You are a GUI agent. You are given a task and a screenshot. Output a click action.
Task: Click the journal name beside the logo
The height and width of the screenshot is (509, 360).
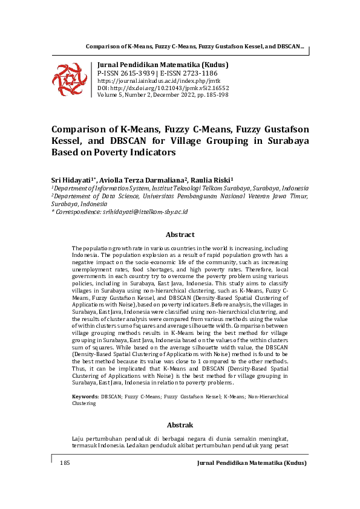pyautogui.click(x=163, y=65)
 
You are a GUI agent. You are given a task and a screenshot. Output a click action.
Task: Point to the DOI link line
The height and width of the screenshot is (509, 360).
pyautogui.click(x=163, y=87)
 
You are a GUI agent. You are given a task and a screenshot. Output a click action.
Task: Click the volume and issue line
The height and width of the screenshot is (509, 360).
pyautogui.click(x=163, y=94)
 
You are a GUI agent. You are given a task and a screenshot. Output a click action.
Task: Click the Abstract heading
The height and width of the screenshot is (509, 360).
pyautogui.click(x=180, y=235)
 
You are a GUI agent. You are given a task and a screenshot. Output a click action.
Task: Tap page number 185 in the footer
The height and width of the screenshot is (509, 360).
pyautogui.click(x=65, y=463)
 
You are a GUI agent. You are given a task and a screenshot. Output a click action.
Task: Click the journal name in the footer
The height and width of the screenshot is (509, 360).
pyautogui.click(x=252, y=463)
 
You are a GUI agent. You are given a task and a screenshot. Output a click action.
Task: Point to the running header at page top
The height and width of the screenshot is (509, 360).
pyautogui.click(x=195, y=47)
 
